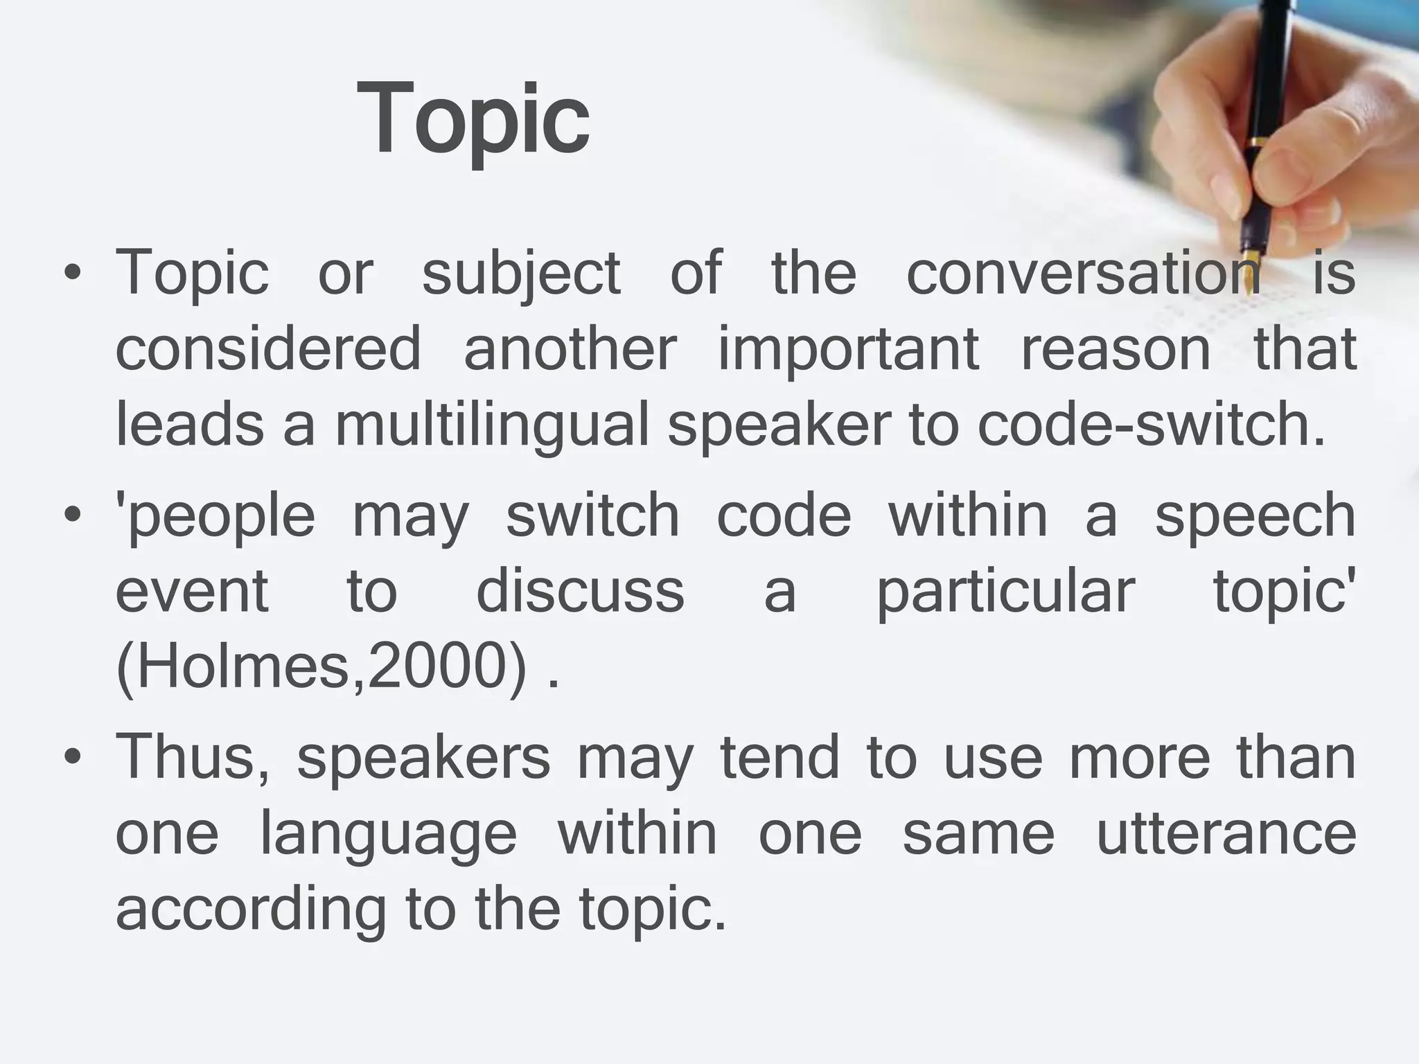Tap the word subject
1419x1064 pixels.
coord(521,274)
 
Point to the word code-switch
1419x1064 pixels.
coord(1151,425)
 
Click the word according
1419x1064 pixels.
coord(250,910)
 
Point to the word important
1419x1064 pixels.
coord(849,350)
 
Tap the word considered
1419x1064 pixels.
coord(268,348)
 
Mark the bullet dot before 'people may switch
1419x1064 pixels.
coord(72,517)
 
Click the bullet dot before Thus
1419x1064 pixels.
coord(72,759)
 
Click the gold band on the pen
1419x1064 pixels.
coord(1254,142)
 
